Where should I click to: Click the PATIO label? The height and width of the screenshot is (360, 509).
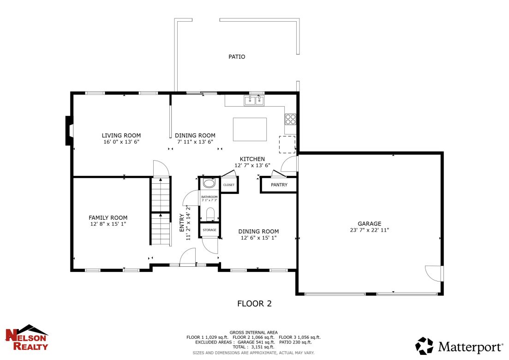click(237, 57)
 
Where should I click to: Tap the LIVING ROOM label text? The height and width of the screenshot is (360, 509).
click(121, 135)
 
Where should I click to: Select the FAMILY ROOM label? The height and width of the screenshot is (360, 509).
click(108, 218)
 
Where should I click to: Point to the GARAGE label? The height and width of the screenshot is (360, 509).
click(369, 223)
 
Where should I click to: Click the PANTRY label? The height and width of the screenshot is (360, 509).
click(279, 185)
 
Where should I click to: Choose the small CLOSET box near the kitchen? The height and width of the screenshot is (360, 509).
click(229, 185)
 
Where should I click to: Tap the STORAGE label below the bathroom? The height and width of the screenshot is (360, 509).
click(209, 230)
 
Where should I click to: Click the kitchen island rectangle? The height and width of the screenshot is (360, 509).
click(250, 129)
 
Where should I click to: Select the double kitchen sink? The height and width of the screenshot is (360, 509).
click(254, 100)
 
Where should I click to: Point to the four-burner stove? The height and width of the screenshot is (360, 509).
click(290, 119)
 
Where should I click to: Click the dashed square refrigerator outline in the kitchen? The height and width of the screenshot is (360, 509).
click(287, 144)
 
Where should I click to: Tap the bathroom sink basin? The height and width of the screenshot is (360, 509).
click(209, 183)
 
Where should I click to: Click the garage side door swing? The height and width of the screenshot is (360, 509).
click(433, 273)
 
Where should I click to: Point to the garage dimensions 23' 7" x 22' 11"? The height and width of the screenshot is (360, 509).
click(369, 230)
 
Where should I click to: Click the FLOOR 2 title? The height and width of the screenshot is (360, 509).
click(254, 304)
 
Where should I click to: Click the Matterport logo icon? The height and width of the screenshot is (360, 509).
click(424, 346)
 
